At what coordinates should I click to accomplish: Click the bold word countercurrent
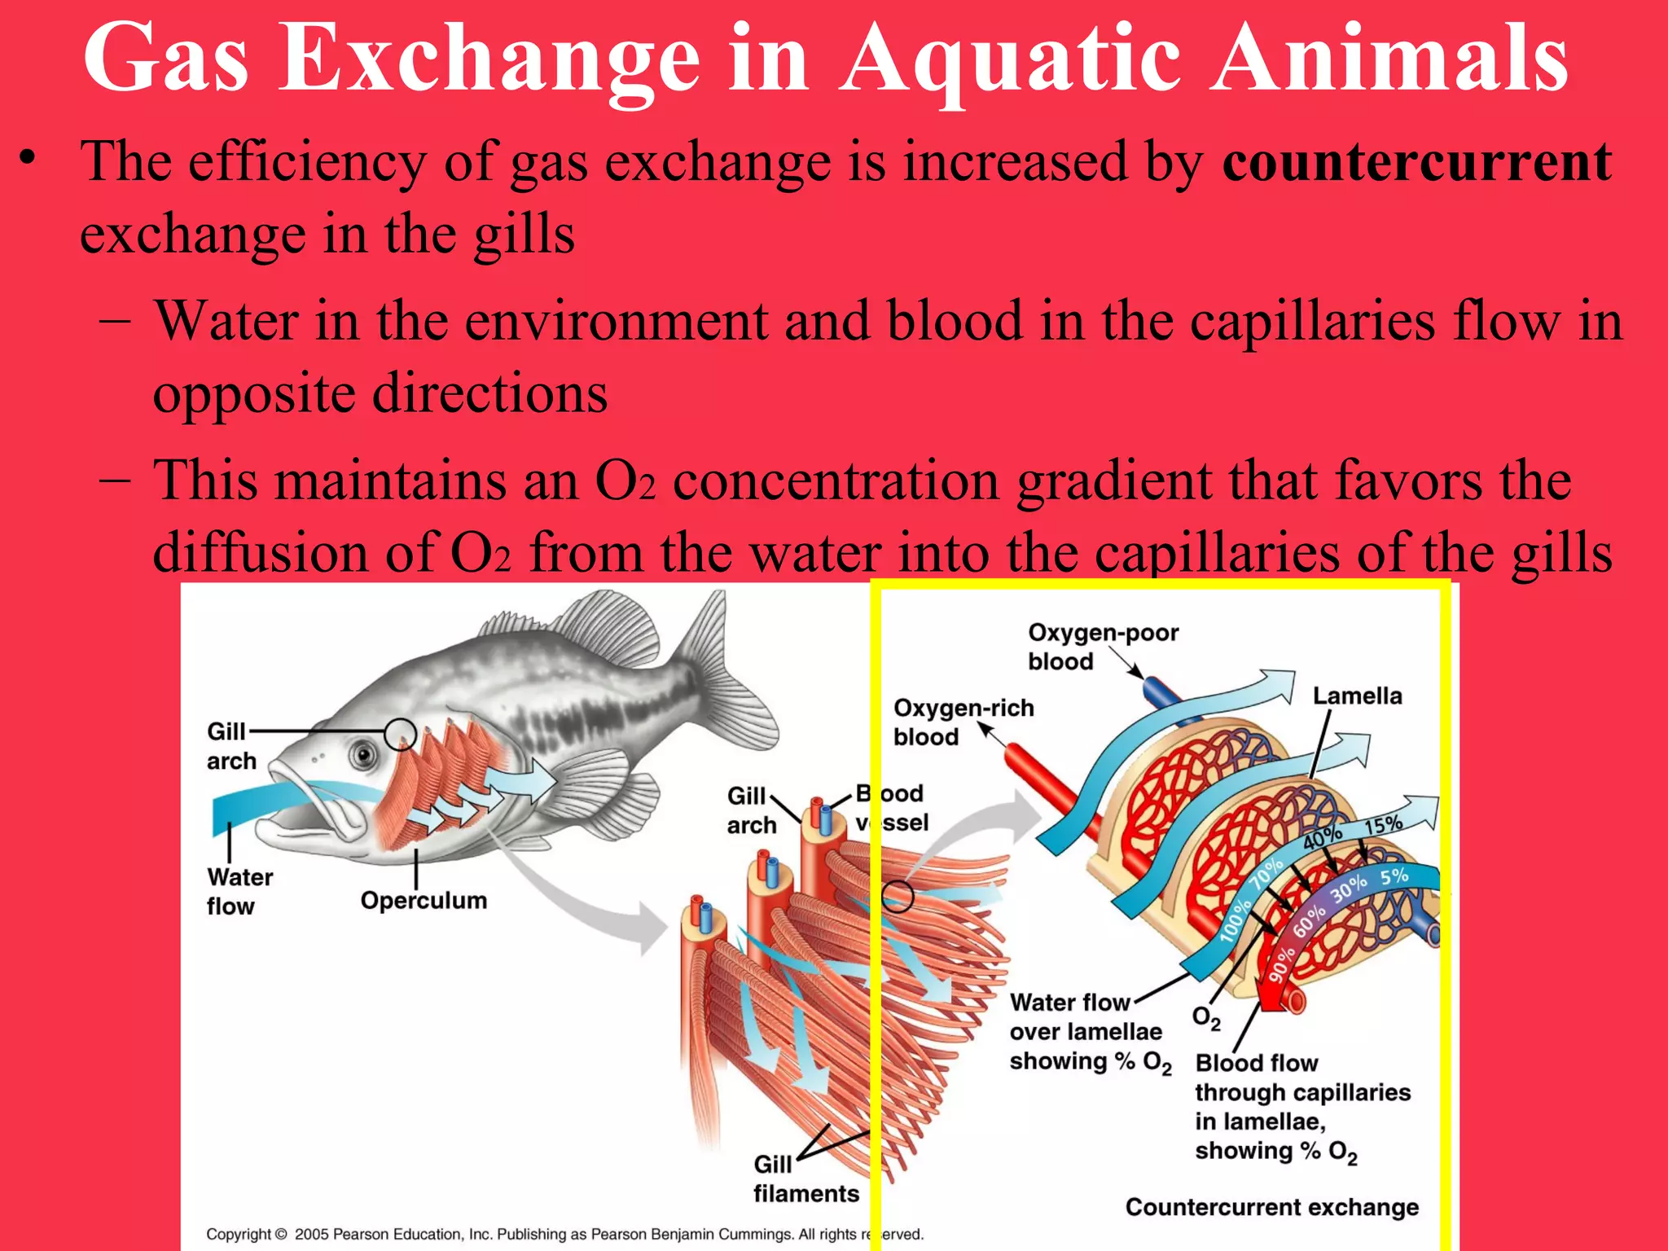(x=1416, y=162)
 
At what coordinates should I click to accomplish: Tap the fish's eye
(x=363, y=755)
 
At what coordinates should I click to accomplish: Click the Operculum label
(x=424, y=900)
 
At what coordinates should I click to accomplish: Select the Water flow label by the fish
(x=239, y=891)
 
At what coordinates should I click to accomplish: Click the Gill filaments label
(x=805, y=1179)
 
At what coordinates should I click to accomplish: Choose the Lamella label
(x=1357, y=696)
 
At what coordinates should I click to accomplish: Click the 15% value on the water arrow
(x=1383, y=825)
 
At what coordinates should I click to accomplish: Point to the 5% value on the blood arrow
(x=1394, y=877)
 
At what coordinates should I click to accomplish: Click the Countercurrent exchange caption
(x=1271, y=1207)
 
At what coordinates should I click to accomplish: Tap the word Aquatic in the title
(x=1010, y=59)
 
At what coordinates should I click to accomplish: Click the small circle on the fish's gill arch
(x=400, y=734)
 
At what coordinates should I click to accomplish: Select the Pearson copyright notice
(x=564, y=1234)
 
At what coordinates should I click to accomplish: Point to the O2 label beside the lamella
(x=1206, y=1018)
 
